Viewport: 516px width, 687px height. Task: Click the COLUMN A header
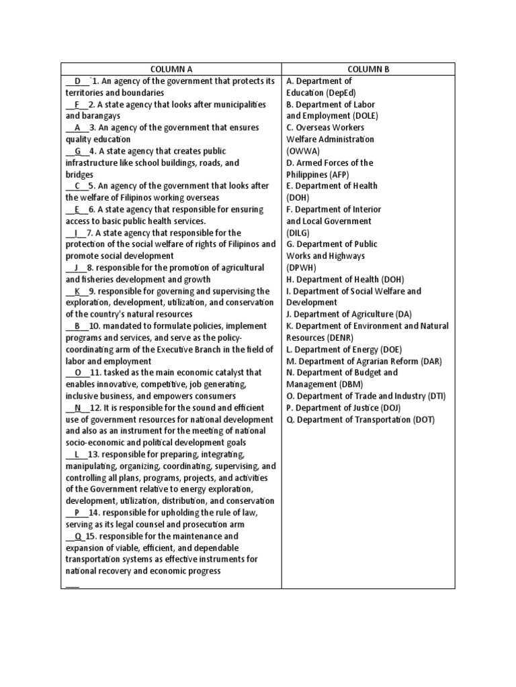171,69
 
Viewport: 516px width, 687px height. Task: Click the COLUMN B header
368,69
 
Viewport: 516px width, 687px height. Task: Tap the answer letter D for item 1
78,81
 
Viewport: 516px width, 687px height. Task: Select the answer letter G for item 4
78,151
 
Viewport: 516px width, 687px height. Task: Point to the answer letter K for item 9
77,291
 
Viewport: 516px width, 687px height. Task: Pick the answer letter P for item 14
77,513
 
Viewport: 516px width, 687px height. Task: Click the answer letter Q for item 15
78,536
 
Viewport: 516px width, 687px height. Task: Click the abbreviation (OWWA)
302,151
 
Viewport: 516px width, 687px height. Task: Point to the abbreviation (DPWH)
300,268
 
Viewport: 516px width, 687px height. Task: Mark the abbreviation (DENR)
339,337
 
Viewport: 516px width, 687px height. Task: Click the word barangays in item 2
101,116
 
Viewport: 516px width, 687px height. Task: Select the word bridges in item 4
79,174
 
